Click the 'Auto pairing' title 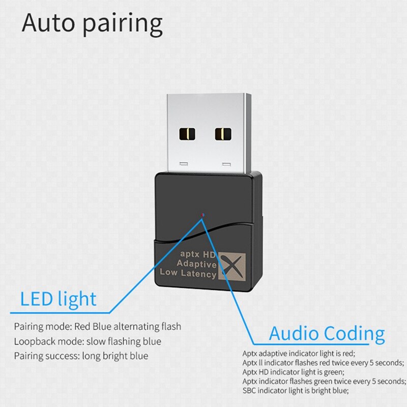[x=92, y=24]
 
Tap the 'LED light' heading [x=58, y=299]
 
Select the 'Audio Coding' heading [x=327, y=334]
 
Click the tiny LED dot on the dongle [x=202, y=215]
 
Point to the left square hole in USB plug [x=187, y=134]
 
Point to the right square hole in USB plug [x=223, y=134]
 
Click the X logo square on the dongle [x=232, y=266]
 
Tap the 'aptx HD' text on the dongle [x=198, y=254]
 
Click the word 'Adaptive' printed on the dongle [x=196, y=264]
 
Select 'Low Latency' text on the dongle [x=188, y=273]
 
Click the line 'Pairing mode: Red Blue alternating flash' [x=98, y=327]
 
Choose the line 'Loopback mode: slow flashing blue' [x=88, y=341]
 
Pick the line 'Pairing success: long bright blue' [x=81, y=356]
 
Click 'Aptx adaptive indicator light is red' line [x=299, y=354]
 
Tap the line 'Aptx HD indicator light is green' [x=294, y=372]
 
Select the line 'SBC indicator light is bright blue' [x=296, y=390]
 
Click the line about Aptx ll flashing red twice [x=323, y=363]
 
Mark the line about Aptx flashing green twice [x=324, y=381]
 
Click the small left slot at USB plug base [x=184, y=164]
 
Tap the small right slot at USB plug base [x=226, y=164]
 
